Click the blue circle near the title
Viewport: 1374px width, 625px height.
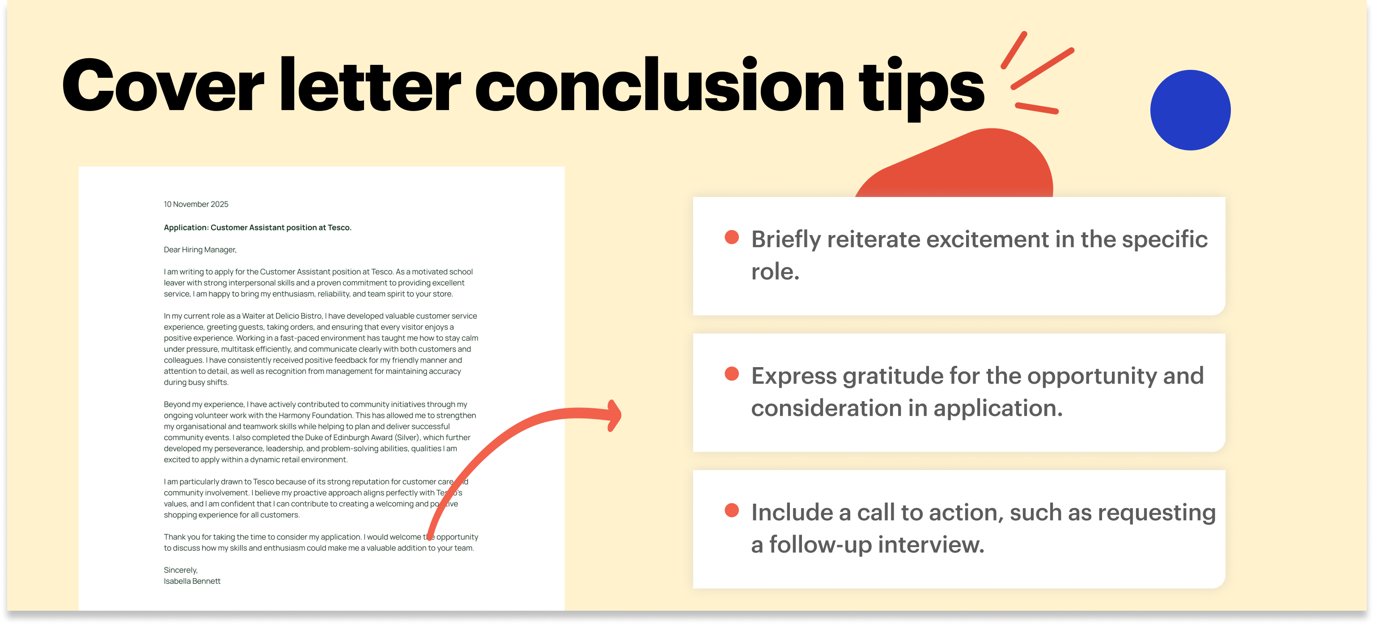pos(1190,110)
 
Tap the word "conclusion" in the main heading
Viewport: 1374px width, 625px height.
pos(659,86)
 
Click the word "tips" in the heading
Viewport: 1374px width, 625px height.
pos(921,88)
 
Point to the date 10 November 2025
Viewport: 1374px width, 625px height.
pos(196,205)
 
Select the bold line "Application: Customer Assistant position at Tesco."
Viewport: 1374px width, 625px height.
pos(257,227)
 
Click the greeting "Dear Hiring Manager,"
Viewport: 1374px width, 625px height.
pos(200,250)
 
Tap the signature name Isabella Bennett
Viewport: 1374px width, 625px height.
pos(192,581)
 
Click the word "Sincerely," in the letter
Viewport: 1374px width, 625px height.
pos(180,570)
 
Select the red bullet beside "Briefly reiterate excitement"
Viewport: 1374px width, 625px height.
pos(732,238)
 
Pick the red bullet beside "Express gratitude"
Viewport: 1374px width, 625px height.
pos(732,374)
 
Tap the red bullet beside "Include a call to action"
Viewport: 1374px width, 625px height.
pos(732,511)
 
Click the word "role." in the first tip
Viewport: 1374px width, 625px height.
pos(775,272)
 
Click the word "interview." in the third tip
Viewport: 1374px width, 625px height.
pos(931,545)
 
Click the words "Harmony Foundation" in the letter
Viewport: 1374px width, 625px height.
pos(316,415)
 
